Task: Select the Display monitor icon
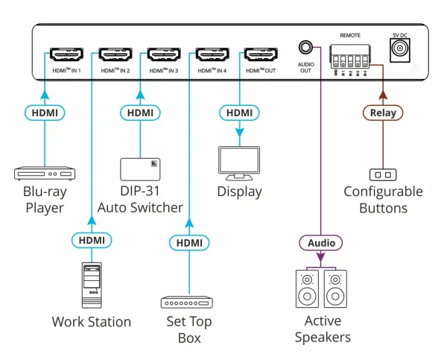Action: pyautogui.click(x=239, y=163)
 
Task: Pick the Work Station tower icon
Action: pyautogui.click(x=91, y=285)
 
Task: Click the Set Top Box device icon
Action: pyautogui.click(x=188, y=303)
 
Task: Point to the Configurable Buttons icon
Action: pyautogui.click(x=382, y=174)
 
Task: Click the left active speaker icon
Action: pyautogui.click(x=305, y=289)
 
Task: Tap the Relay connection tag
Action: pyautogui.click(x=383, y=113)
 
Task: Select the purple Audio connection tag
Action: pyautogui.click(x=322, y=243)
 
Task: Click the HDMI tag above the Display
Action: pyautogui.click(x=240, y=113)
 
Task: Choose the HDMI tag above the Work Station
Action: pyautogui.click(x=91, y=240)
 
